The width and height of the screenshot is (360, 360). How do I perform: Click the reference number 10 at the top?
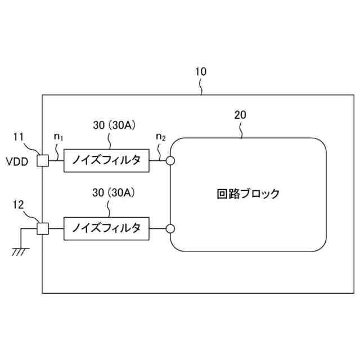pyautogui.click(x=201, y=72)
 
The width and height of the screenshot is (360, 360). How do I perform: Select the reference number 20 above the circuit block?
pyautogui.click(x=240, y=115)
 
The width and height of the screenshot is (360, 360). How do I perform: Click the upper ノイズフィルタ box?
pyautogui.click(x=106, y=161)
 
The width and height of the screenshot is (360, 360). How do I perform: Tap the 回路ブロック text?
pyautogui.click(x=248, y=194)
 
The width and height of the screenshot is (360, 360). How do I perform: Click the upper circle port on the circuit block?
pyautogui.click(x=170, y=161)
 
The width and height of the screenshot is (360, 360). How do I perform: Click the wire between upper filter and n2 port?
pyautogui.click(x=157, y=161)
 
